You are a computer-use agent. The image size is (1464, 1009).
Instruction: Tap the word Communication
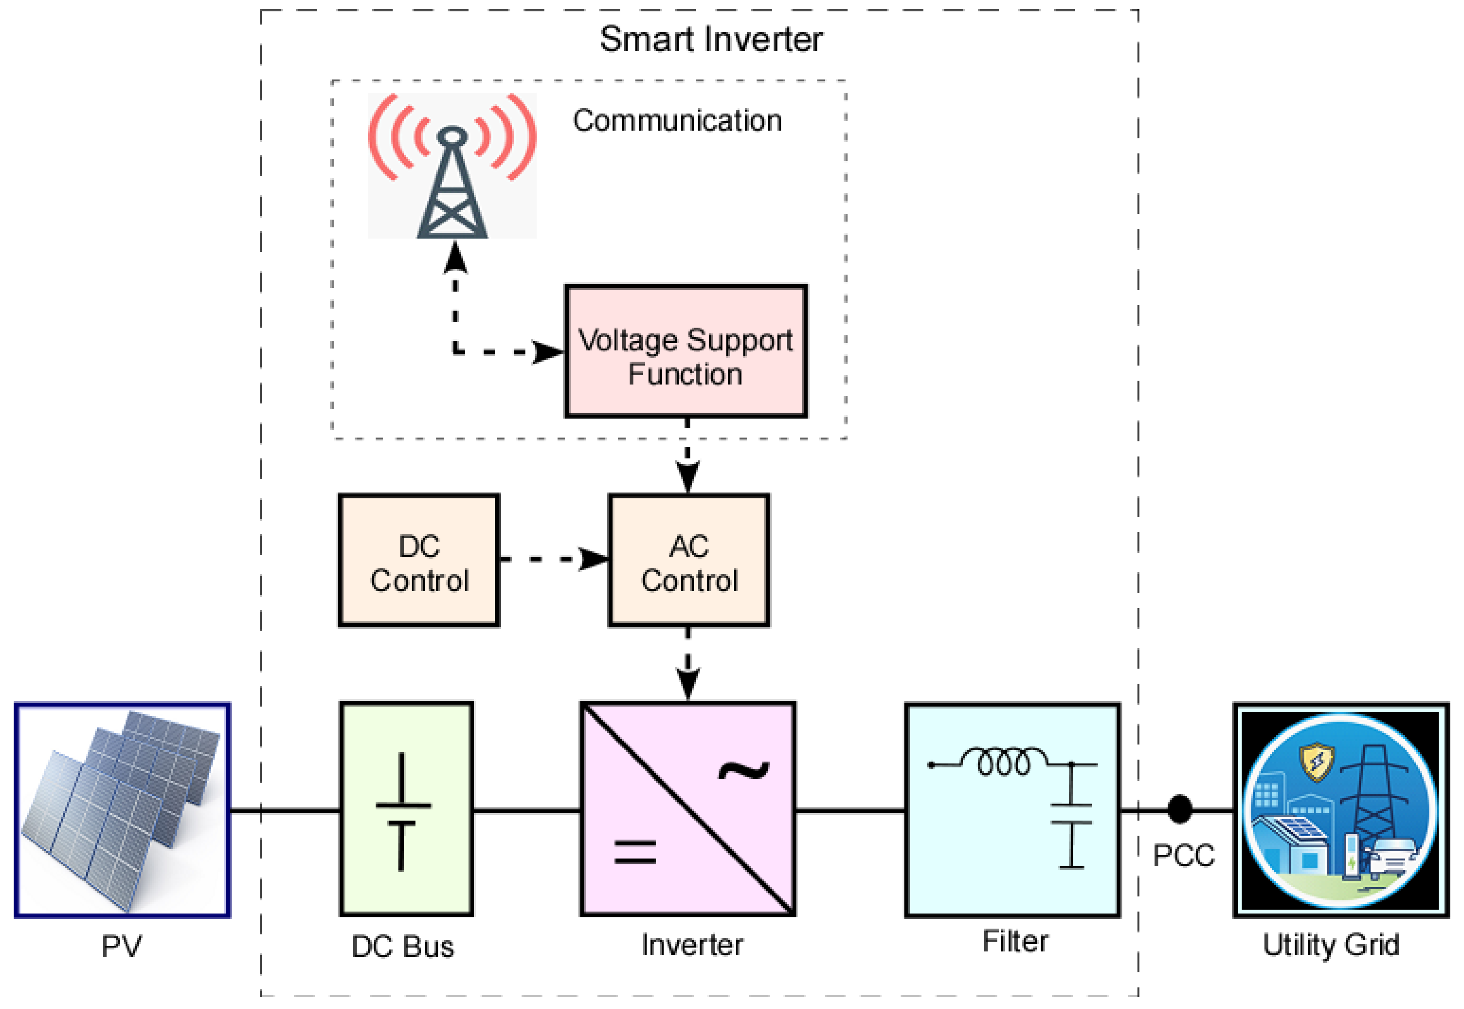677,120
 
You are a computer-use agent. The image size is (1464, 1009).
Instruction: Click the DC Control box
419,561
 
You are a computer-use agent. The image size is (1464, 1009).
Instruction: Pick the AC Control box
689,561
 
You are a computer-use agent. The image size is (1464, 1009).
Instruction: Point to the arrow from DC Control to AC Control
553,559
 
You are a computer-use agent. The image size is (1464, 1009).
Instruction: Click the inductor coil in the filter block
1004,762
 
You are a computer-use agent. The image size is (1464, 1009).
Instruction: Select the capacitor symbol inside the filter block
1071,815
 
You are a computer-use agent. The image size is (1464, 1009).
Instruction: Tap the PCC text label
1183,856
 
